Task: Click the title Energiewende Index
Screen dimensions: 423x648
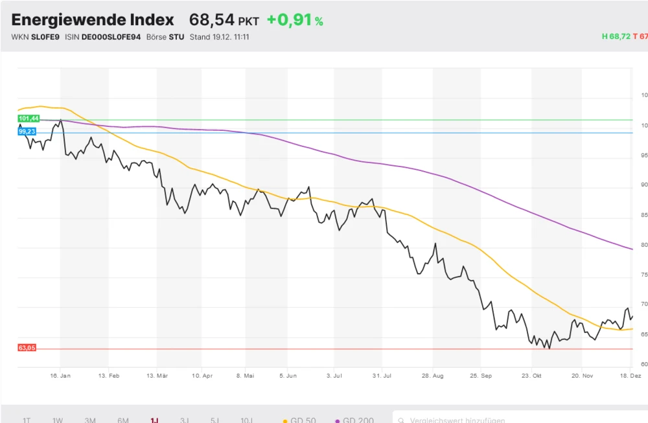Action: (x=93, y=20)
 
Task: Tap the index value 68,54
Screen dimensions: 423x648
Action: (x=211, y=20)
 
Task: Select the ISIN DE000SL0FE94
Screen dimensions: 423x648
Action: (x=111, y=37)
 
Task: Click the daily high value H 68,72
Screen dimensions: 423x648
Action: (x=616, y=37)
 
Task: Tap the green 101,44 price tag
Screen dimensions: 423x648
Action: (x=29, y=119)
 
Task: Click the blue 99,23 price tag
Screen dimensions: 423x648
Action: (x=27, y=131)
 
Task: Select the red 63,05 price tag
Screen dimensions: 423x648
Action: (x=27, y=349)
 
